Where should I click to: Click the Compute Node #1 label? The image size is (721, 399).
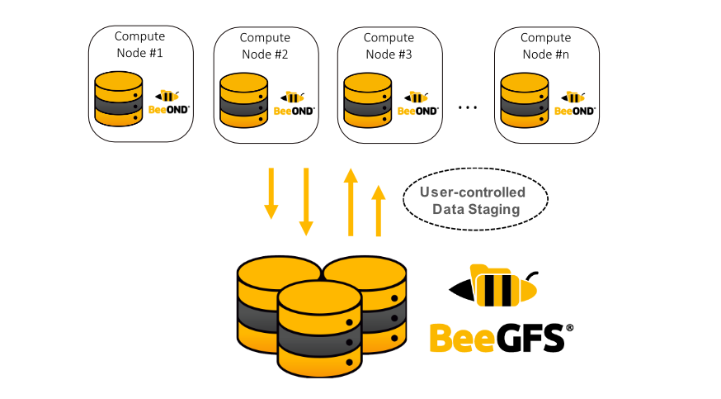[x=139, y=44]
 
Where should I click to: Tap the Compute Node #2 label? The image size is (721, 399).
[x=265, y=45]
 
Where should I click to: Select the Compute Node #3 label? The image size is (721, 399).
[x=389, y=45]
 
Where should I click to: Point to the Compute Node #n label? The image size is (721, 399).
[x=545, y=45]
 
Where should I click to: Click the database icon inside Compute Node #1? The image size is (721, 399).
[x=118, y=99]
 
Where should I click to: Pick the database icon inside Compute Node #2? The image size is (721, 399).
[x=243, y=99]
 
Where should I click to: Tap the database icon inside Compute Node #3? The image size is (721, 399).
[x=367, y=99]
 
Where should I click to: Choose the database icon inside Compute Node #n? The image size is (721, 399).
[x=525, y=99]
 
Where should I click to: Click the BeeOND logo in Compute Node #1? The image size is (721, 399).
[x=168, y=102]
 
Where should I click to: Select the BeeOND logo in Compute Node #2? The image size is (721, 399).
[x=293, y=104]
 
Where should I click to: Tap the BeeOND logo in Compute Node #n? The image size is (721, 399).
[x=574, y=104]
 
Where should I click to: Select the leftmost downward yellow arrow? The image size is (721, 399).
[x=271, y=193]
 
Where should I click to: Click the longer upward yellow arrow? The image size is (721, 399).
[x=351, y=202]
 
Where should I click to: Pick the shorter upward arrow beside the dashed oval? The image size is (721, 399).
[x=379, y=211]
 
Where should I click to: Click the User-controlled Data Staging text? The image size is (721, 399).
[x=473, y=201]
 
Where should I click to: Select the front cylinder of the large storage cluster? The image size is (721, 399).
[x=319, y=330]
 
